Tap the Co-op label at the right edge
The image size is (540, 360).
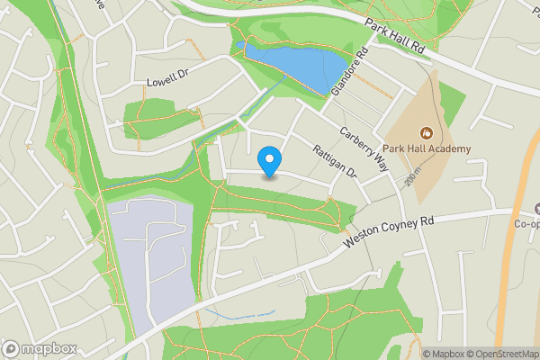click(526, 224)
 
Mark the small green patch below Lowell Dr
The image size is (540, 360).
click(148, 117)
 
